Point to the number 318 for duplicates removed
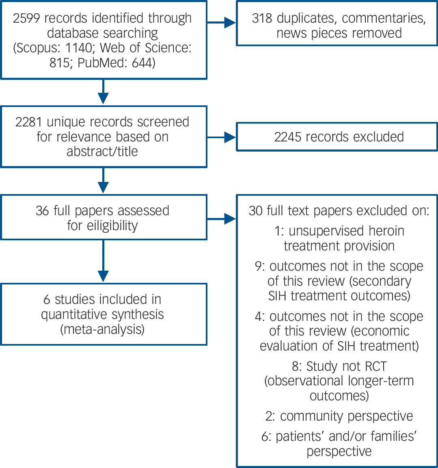[262, 19]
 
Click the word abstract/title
[102, 151]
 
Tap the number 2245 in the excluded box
[289, 137]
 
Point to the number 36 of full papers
[42, 211]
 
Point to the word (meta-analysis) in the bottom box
[102, 329]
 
